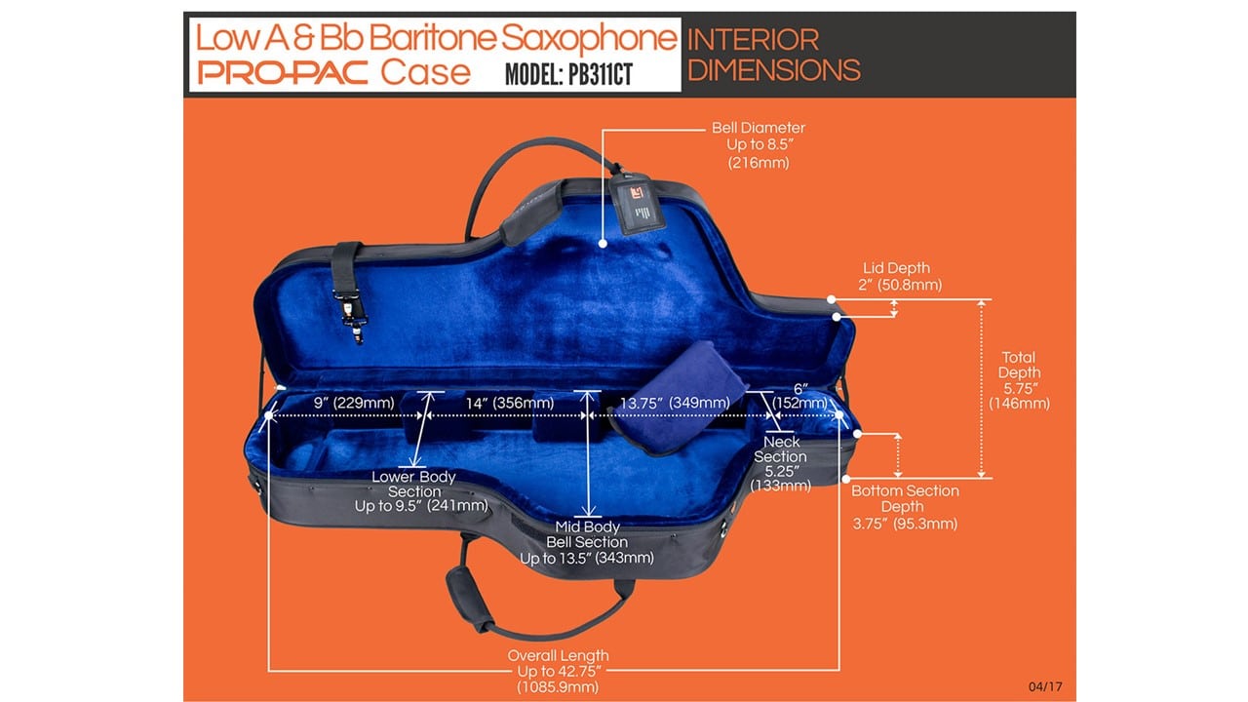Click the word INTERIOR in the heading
[x=753, y=40]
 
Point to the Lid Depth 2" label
[x=896, y=277]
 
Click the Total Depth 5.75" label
[x=1018, y=380]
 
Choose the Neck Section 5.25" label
[x=781, y=463]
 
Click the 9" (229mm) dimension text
[x=353, y=403]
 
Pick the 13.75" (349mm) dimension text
[x=675, y=403]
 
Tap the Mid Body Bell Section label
[x=586, y=541]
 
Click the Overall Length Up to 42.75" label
[x=558, y=671]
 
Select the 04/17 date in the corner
[x=1044, y=686]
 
